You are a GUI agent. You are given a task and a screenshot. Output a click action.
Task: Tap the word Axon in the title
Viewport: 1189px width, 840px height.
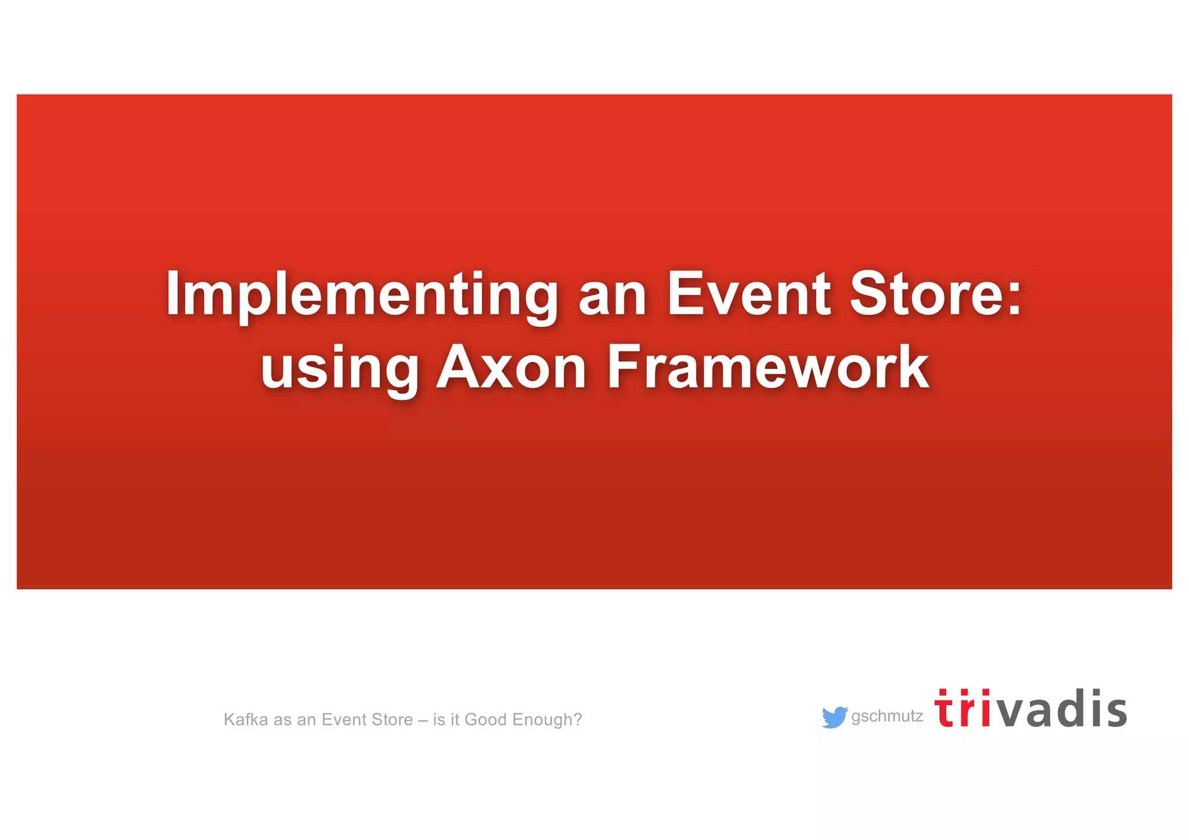pyautogui.click(x=511, y=367)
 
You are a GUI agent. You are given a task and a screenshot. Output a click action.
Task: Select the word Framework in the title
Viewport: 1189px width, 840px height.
pyautogui.click(x=768, y=367)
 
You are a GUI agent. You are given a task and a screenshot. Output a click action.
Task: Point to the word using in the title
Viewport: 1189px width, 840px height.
pyautogui.click(x=340, y=369)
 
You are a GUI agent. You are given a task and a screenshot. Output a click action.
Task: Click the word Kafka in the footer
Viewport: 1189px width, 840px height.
pyautogui.click(x=246, y=720)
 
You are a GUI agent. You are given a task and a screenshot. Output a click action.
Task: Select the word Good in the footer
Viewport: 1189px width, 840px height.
pyautogui.click(x=486, y=720)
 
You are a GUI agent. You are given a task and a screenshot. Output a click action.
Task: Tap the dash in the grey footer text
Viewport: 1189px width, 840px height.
pyautogui.click(x=423, y=720)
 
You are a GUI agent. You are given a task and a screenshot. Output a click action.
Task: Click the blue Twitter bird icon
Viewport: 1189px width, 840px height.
pyautogui.click(x=834, y=718)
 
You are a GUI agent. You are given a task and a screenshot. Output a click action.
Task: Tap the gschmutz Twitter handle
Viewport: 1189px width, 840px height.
pyautogui.click(x=887, y=716)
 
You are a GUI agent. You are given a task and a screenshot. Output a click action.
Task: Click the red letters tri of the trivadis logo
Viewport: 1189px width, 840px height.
pyautogui.click(x=963, y=709)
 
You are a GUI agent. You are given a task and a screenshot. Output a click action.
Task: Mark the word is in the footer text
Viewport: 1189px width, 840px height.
pyautogui.click(x=438, y=720)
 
